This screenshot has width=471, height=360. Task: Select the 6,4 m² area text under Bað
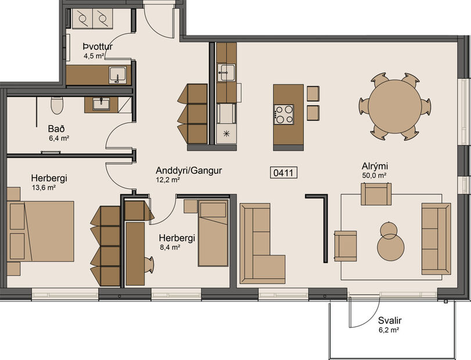click(59, 138)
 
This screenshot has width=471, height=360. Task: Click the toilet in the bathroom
click(57, 105)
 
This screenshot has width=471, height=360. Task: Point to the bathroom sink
click(101, 104)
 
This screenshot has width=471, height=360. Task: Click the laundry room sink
click(118, 75)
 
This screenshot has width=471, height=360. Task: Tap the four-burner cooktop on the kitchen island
click(283, 114)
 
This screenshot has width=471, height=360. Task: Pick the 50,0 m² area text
click(375, 175)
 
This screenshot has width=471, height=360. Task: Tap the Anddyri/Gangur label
click(189, 171)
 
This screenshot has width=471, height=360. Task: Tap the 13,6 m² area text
click(44, 188)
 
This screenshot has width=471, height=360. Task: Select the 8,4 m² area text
click(169, 247)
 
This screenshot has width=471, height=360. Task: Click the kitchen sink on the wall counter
click(226, 73)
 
